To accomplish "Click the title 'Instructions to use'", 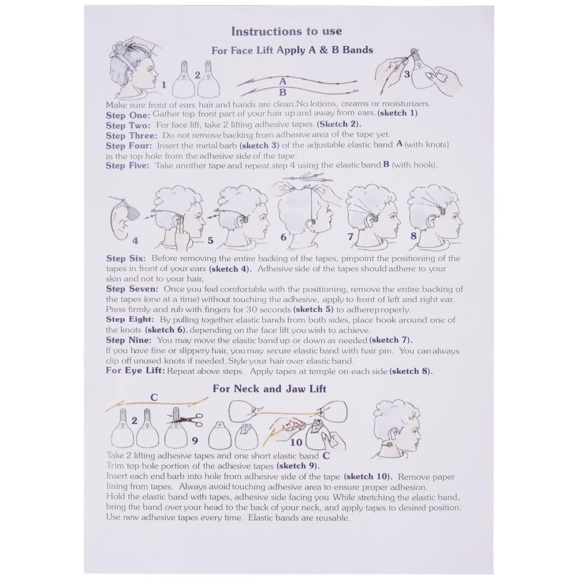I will click(286, 31).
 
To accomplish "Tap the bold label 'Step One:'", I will click(128, 114).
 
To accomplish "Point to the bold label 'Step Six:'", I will click(125, 259).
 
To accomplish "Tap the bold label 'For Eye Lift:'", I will click(136, 371).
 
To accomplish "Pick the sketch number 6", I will click(284, 237).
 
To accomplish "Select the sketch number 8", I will click(413, 236).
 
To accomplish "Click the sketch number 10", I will click(296, 443).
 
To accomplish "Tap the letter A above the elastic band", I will click(282, 81).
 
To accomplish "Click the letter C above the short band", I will click(154, 397).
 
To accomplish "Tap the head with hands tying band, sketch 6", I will click(303, 211).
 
